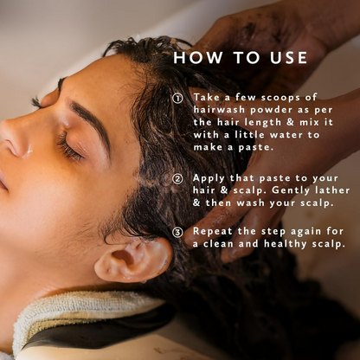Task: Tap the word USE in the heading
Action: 288,57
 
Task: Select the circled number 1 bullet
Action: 177,99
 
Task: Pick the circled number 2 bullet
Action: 177,179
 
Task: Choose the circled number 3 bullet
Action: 177,232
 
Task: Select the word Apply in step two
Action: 209,178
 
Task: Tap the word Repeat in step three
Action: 213,232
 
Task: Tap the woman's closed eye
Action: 71,147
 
